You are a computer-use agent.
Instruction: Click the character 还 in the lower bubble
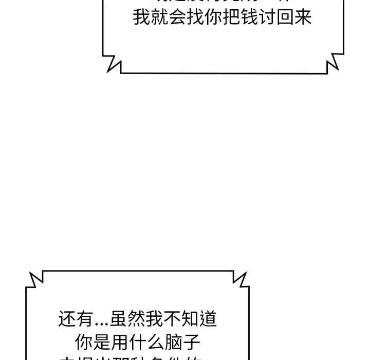coord(67,319)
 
